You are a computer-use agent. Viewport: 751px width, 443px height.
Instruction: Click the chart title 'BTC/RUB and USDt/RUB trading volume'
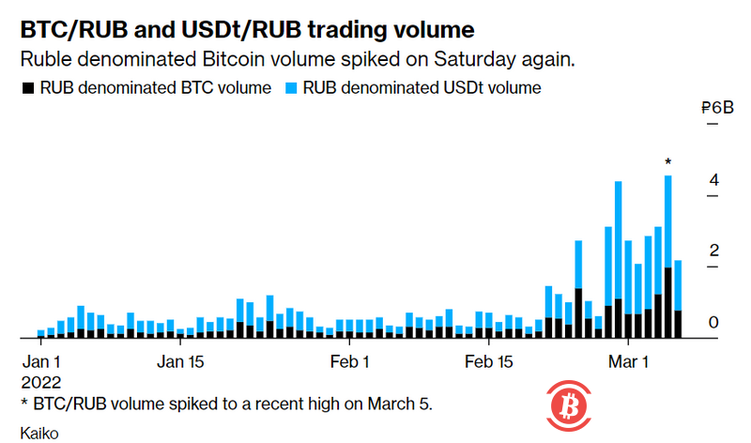tap(242, 29)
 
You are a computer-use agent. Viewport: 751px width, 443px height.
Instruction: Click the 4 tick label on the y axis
tap(713, 179)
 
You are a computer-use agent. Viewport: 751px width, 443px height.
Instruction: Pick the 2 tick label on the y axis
tap(713, 251)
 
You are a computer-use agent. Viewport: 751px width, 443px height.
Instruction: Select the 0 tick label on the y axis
tap(713, 322)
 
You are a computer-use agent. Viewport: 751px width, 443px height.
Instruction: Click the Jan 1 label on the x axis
tap(41, 361)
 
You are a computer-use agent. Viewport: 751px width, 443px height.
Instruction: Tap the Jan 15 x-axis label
tap(181, 361)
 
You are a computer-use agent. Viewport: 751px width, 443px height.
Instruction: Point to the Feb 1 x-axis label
tap(348, 361)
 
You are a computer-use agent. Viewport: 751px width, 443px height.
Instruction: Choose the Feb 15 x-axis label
tap(490, 361)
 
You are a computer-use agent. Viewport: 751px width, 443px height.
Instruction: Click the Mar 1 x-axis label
tap(628, 361)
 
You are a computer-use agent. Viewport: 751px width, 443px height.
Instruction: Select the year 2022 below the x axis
tap(41, 383)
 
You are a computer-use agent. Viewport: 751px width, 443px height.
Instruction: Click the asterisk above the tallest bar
tap(667, 163)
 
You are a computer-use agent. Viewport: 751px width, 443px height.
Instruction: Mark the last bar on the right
tap(678, 298)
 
